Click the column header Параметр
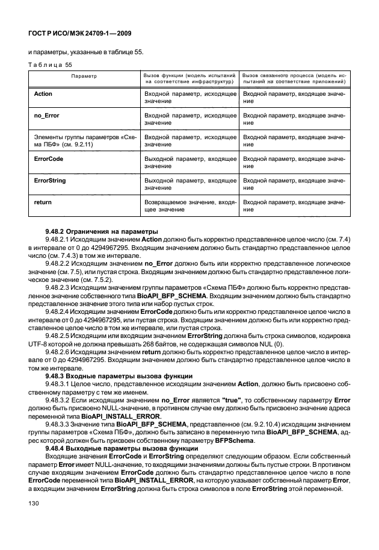pos(84,77)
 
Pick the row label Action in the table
pos(43,95)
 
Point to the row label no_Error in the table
pos(46,114)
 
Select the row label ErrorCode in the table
pos(49,158)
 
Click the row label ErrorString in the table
pos(50,180)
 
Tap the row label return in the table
pos(43,202)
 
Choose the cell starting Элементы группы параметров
pos(84,140)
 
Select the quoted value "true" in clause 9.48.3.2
pos(233,401)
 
